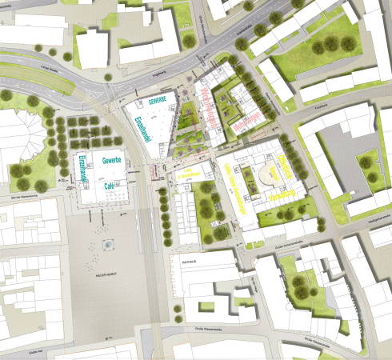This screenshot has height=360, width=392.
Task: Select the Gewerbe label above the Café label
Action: pyautogui.click(x=111, y=162)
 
